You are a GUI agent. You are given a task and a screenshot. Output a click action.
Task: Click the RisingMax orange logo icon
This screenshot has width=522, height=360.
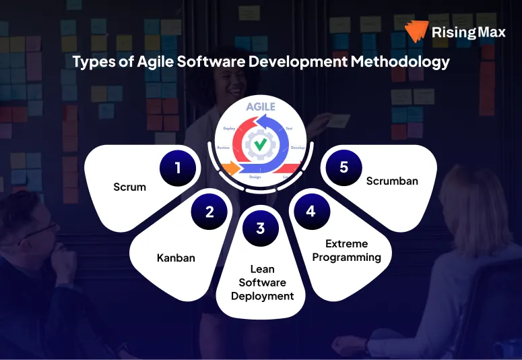[417, 31]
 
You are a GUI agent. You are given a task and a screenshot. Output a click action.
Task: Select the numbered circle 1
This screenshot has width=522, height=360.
[178, 167]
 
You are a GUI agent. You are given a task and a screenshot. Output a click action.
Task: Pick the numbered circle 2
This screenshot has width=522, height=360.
[209, 212]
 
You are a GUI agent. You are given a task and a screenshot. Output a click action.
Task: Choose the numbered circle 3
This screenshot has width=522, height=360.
[260, 228]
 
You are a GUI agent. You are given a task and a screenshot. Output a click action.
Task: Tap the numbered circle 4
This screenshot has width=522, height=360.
[311, 212]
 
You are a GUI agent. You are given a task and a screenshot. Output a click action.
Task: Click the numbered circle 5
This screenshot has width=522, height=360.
[344, 167]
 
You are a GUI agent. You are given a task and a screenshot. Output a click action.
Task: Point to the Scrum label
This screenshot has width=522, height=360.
[129, 187]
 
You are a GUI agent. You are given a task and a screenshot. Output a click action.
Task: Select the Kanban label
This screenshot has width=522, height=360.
[176, 258]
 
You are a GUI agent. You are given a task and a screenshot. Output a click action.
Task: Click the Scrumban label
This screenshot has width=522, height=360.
[393, 181]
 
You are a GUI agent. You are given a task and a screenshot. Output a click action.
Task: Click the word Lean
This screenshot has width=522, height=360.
[262, 270]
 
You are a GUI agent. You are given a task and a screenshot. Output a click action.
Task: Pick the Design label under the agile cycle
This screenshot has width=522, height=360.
[255, 177]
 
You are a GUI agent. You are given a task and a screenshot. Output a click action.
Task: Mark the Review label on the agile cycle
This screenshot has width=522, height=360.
[224, 147]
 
